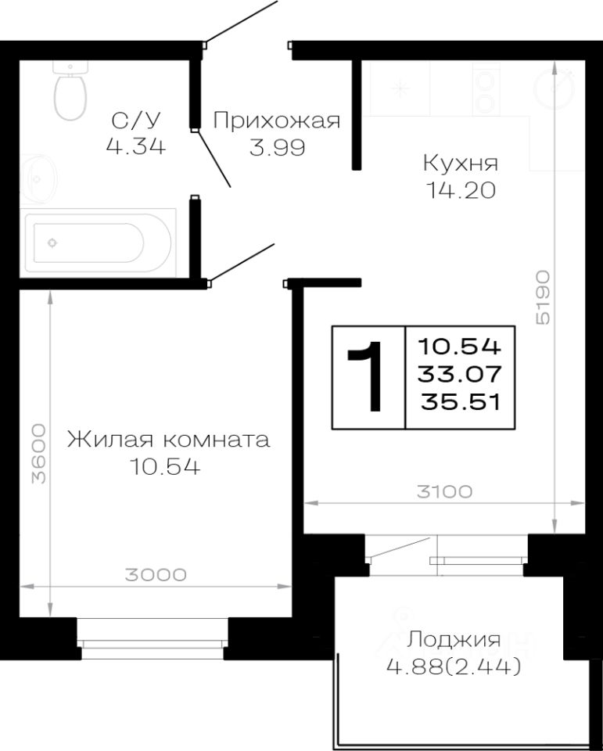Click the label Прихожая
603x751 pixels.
click(277, 120)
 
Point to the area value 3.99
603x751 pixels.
click(277, 146)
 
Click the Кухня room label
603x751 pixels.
click(460, 163)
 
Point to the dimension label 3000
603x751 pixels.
click(155, 575)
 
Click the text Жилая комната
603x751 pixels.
click(168, 439)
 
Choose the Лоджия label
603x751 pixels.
click(453, 641)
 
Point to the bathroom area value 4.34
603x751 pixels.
click(138, 146)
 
